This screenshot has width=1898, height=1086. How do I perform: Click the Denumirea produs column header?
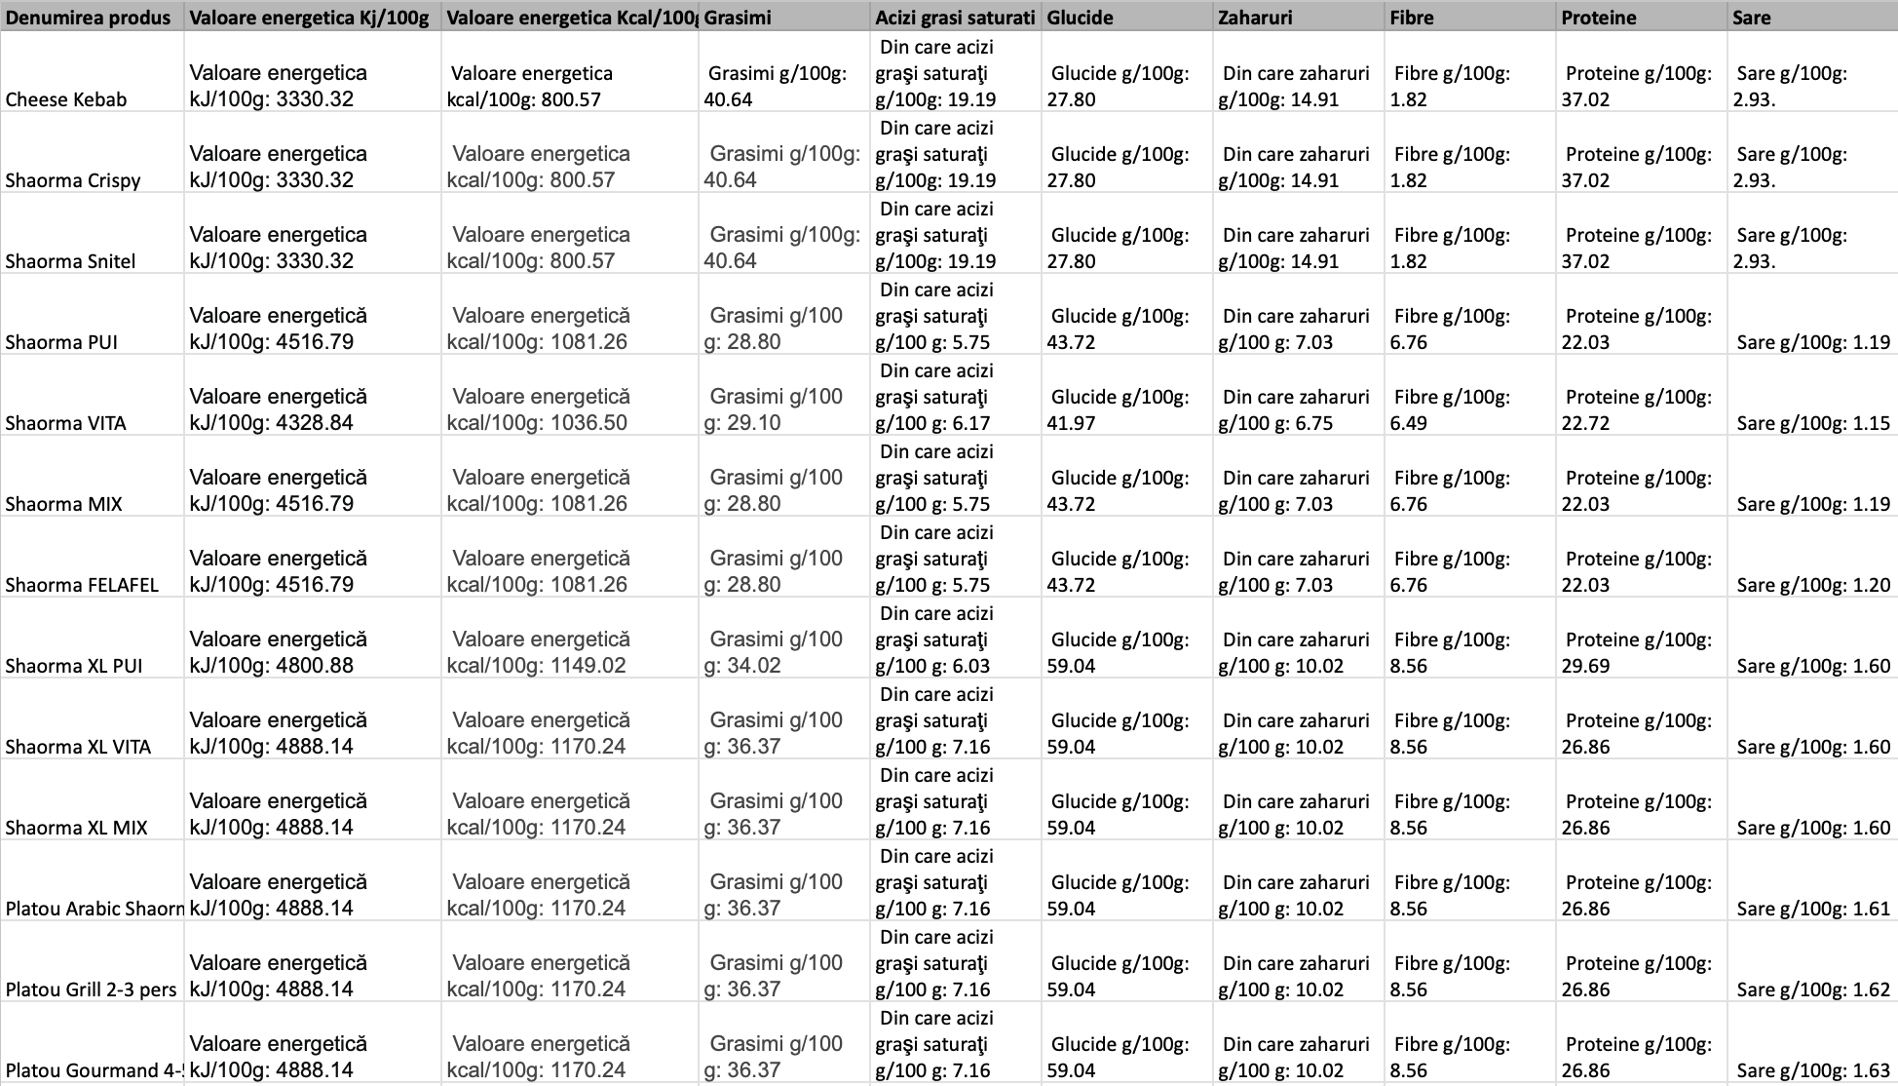click(88, 18)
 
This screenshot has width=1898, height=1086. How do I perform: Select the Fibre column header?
click(1412, 18)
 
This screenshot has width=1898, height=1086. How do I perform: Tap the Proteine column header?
click(1598, 18)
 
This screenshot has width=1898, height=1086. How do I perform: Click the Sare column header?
click(1751, 18)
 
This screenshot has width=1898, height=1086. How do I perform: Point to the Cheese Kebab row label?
click(66, 99)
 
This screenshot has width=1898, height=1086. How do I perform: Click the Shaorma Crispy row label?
click(73, 180)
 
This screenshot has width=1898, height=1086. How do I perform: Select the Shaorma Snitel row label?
click(70, 261)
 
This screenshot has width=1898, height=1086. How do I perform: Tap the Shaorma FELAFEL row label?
click(82, 585)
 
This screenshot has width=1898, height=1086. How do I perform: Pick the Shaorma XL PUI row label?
click(74, 666)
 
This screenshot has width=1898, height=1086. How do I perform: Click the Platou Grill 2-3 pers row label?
click(92, 989)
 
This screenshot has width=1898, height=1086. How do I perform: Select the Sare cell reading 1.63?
click(1812, 1070)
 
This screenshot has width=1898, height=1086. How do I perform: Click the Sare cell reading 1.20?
click(1812, 585)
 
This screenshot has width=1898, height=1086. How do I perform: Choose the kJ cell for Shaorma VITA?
click(279, 409)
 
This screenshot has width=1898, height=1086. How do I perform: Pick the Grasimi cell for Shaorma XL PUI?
click(776, 652)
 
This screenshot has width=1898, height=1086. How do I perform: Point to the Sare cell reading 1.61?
click(1812, 909)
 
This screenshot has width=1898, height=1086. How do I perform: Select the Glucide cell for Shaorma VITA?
click(1120, 409)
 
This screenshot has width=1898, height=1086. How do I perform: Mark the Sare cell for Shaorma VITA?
click(1812, 423)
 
